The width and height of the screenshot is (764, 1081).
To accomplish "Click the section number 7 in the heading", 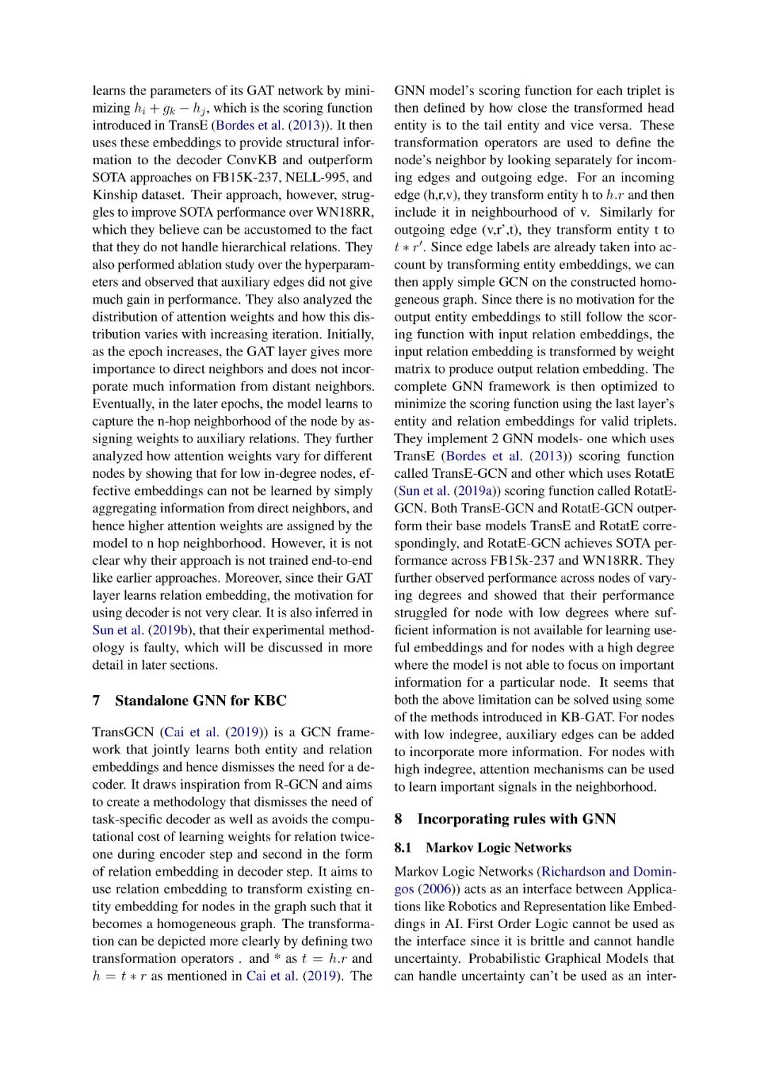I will tap(96, 701).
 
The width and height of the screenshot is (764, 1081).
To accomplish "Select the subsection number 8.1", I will tap(403, 848).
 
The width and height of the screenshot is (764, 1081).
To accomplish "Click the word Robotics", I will tap(473, 906).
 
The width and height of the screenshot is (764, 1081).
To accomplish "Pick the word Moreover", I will tap(253, 578).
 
